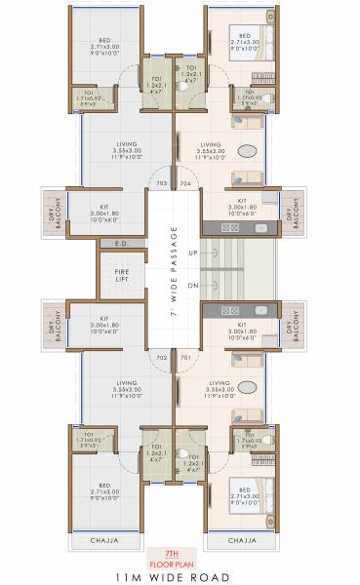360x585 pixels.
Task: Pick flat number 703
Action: click(162, 182)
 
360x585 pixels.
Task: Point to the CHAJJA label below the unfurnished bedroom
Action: click(103, 539)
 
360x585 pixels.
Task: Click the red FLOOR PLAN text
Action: click(171, 563)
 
